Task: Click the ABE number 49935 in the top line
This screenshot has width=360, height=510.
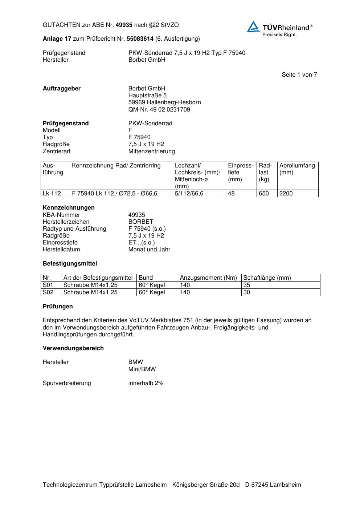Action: pyautogui.click(x=124, y=25)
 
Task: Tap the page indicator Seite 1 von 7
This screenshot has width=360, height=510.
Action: pyautogui.click(x=299, y=75)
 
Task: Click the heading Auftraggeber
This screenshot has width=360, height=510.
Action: pyautogui.click(x=62, y=89)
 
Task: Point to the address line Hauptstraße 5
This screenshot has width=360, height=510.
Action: pyautogui.click(x=147, y=96)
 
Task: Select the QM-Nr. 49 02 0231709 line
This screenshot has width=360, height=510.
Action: pyautogui.click(x=159, y=110)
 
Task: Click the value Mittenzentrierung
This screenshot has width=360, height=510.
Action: pyautogui.click(x=151, y=151)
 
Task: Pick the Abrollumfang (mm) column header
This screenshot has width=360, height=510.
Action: pyautogui.click(x=297, y=169)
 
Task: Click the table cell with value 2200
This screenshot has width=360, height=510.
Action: pyautogui.click(x=286, y=194)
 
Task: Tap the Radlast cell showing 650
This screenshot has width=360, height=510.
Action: pyautogui.click(x=264, y=194)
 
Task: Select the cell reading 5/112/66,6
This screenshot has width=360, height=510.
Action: pyautogui.click(x=189, y=194)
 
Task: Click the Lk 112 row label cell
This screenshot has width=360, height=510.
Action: pyautogui.click(x=52, y=194)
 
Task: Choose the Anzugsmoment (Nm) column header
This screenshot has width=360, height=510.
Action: pyautogui.click(x=208, y=278)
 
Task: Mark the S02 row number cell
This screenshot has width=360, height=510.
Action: pyautogui.click(x=48, y=292)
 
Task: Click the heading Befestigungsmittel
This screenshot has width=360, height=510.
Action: pyautogui.click(x=70, y=264)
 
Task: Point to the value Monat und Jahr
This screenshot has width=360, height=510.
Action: pyautogui.click(x=149, y=250)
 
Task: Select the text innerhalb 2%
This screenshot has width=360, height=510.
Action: pyautogui.click(x=146, y=383)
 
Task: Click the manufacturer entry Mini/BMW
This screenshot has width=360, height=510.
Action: pyautogui.click(x=142, y=369)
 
